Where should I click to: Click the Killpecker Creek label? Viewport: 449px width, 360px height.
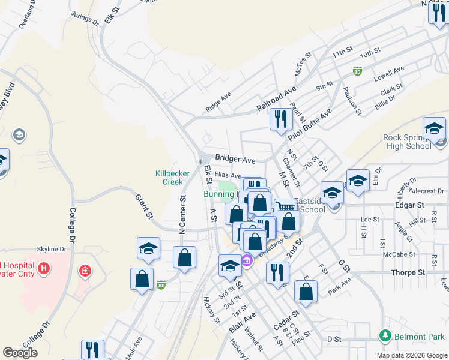pos(173,177)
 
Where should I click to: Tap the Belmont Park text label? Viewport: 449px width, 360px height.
pos(420,336)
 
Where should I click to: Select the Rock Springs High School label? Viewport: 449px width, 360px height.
pos(407,142)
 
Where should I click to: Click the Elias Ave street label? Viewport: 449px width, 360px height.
pos(228,175)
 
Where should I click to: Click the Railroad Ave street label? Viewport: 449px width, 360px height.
pos(277,98)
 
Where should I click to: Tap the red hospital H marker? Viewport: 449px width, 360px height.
pos(43,268)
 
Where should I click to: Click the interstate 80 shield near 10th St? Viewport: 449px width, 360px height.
pos(357,71)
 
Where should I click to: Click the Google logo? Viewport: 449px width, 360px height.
pos(20,353)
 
